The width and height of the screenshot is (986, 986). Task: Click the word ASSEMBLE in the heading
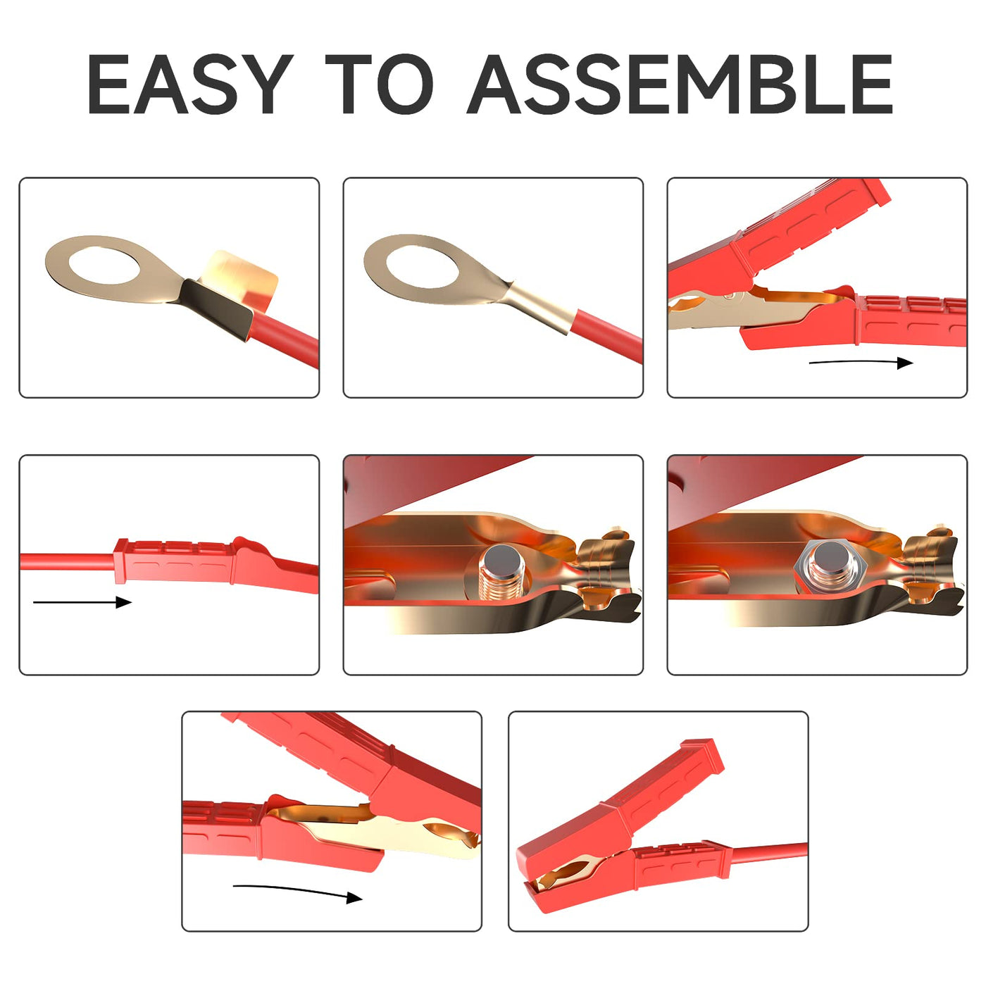coord(680,84)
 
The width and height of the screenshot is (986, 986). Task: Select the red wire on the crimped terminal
coord(607,335)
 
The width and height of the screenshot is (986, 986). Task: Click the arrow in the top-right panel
coord(861,363)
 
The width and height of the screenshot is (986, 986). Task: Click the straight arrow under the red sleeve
coord(82,602)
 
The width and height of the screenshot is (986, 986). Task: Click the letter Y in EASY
coord(259,84)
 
